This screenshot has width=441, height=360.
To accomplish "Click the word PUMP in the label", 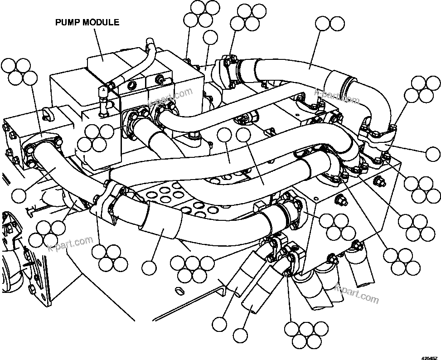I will coord(68,22).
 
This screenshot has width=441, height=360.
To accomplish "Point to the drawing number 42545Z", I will coord(429,356).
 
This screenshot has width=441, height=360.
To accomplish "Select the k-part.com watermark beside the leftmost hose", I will coord(71,245).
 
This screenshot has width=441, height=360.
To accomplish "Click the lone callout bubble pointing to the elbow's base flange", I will coord(433,154).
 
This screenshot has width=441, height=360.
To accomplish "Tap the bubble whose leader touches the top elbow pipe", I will coord(323,24).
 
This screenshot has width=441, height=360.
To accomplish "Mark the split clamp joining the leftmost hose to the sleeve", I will coord(106,204).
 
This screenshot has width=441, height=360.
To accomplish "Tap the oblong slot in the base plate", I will coord(178,290).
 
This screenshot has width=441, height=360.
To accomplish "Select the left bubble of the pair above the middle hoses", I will coord(225,135).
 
